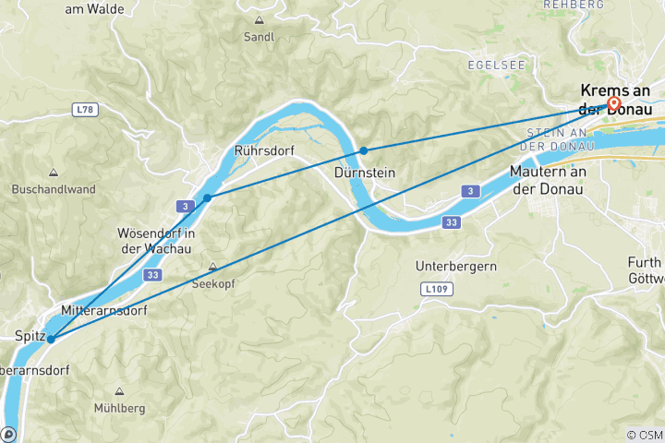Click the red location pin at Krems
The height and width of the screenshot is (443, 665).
[x=613, y=102]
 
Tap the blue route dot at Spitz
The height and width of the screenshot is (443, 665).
[x=51, y=339]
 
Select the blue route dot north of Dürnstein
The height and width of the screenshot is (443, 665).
[x=364, y=150]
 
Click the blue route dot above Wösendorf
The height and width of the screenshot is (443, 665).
[x=208, y=198]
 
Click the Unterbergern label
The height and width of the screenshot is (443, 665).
[x=456, y=266]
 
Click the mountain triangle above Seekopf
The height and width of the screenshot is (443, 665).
[x=213, y=267]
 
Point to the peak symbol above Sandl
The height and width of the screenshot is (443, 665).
[x=259, y=20]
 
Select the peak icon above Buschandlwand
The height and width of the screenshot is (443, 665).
[x=54, y=173]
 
